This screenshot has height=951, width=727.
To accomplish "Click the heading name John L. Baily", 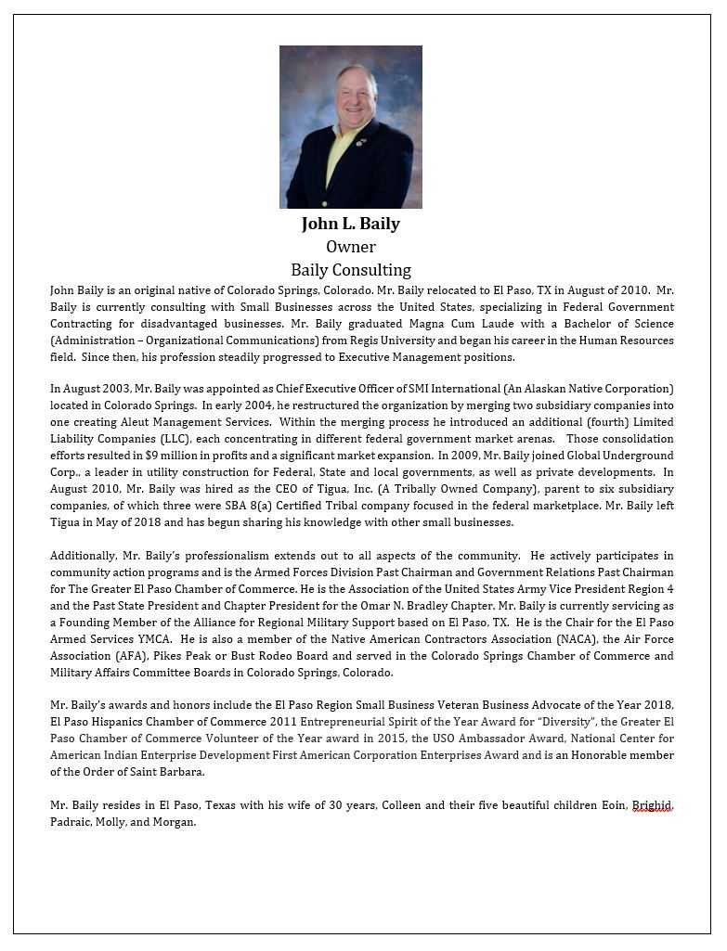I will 350,224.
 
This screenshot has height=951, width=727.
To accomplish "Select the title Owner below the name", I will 350,247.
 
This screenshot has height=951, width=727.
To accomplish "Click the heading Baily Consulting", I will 350,270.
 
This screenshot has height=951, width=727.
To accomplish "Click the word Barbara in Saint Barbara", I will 181,772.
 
